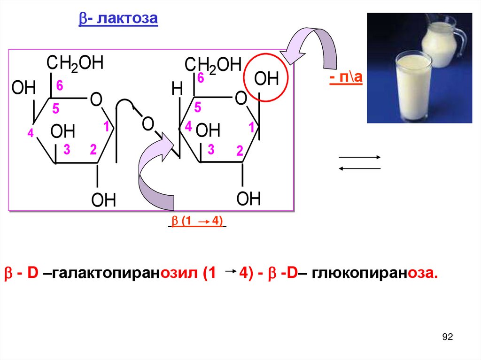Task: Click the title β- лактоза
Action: pyautogui.click(x=117, y=20)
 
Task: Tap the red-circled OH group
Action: pyautogui.click(x=266, y=78)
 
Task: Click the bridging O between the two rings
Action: pyautogui.click(x=148, y=124)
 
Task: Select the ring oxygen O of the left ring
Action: pyautogui.click(x=96, y=100)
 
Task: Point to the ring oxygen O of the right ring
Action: pyautogui.click(x=240, y=99)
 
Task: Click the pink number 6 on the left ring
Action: pyautogui.click(x=59, y=85)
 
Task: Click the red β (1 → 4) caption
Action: pyautogui.click(x=197, y=222)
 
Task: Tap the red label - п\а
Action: pyautogui.click(x=346, y=77)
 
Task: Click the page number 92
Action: pyautogui.click(x=447, y=337)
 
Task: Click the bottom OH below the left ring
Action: pyautogui.click(x=103, y=200)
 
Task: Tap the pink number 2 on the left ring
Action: pyautogui.click(x=93, y=150)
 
